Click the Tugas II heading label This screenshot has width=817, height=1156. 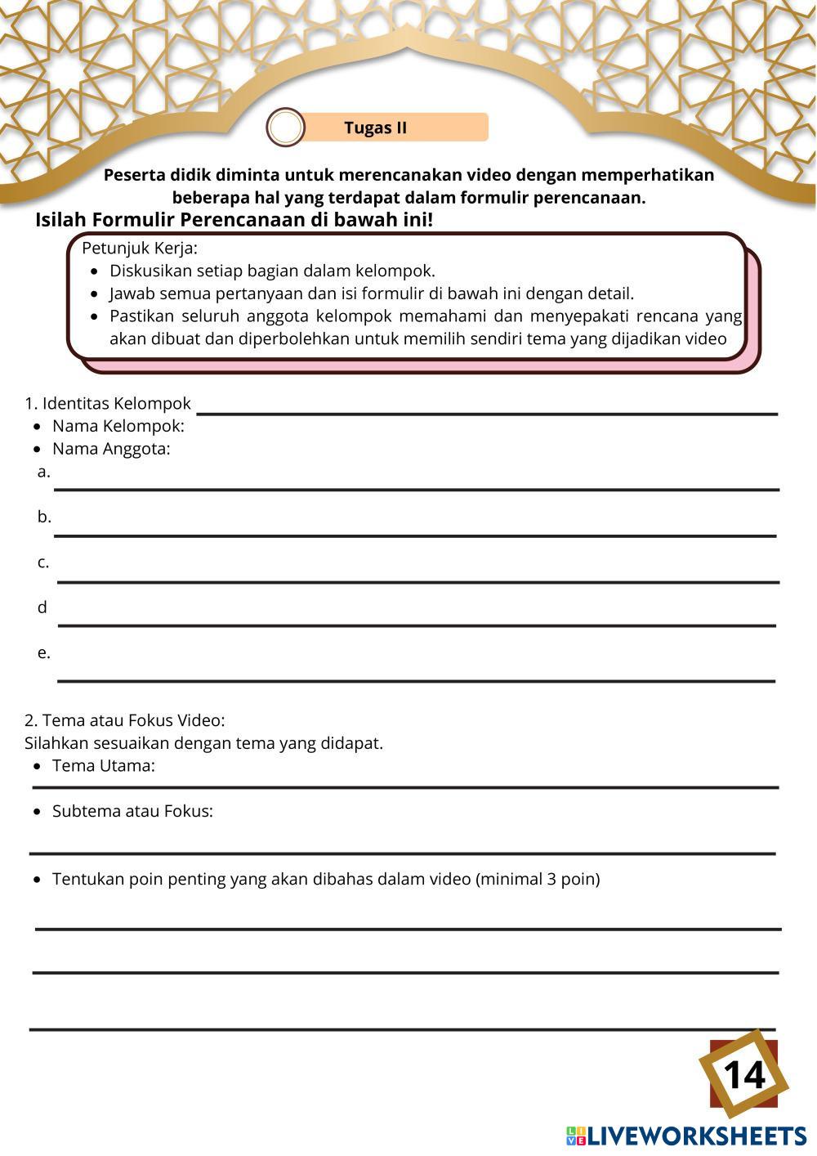pos(375,128)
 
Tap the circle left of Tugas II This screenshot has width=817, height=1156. pos(285,128)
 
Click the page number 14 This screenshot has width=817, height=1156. pos(743,1074)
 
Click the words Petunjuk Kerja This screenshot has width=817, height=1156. pos(140,248)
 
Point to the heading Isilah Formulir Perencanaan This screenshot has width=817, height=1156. pos(234,220)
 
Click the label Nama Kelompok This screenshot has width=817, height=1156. pos(118,426)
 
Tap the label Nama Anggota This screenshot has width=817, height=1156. pos(111,449)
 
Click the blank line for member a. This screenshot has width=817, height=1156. pos(416,489)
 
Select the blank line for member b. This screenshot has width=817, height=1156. pos(416,535)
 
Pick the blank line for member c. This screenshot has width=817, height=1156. pos(416,581)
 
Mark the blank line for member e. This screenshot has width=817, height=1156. pos(416,679)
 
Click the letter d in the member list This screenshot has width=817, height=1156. pos(42,607)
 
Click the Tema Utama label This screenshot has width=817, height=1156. pos(103,766)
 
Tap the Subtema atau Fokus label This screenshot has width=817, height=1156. pos(132,812)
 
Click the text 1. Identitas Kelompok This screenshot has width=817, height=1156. pos(108,403)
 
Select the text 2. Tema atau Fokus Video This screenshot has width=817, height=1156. pos(124,720)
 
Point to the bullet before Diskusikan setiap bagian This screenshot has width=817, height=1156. pos(95,271)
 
